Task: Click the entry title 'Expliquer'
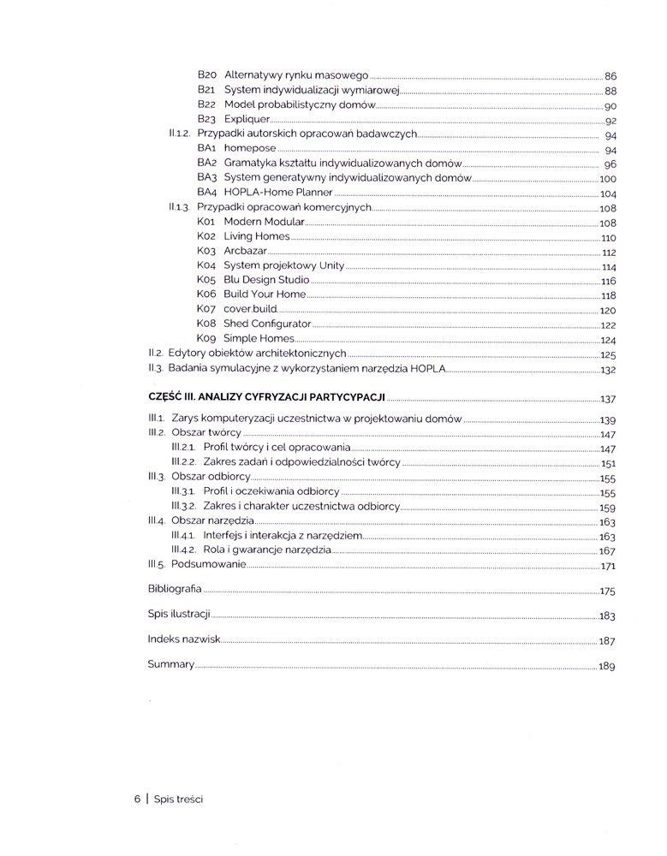(x=247, y=119)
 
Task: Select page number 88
(x=610, y=91)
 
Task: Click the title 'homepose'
(x=250, y=149)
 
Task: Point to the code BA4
(x=207, y=193)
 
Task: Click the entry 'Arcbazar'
(x=245, y=251)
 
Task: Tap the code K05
(x=205, y=280)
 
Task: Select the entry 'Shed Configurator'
(x=267, y=324)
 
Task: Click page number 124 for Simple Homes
(x=609, y=341)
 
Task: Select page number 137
(x=608, y=399)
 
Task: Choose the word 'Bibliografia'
(x=175, y=589)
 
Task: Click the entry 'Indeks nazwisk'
(x=184, y=639)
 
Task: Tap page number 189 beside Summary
(x=608, y=665)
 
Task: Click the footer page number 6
(x=137, y=799)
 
